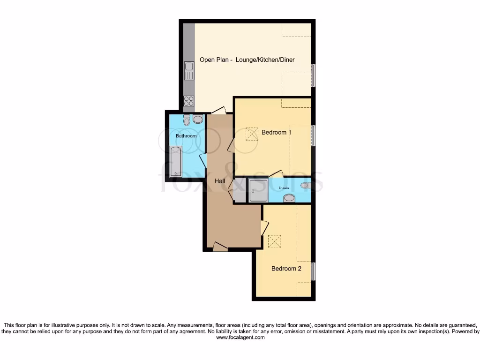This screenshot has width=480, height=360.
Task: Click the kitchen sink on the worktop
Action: pyautogui.click(x=188, y=71)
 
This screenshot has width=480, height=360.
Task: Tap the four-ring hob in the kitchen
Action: pyautogui.click(x=188, y=101)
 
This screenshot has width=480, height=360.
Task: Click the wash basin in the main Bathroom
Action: pyautogui.click(x=198, y=119)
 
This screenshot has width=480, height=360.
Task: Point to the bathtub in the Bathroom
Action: pyautogui.click(x=175, y=161)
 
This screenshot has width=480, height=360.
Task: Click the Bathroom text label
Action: pyautogui.click(x=186, y=136)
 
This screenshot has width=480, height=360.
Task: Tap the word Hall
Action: pyautogui.click(x=220, y=180)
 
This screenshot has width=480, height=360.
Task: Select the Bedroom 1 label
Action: pyautogui.click(x=276, y=132)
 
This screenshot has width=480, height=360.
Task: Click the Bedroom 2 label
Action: pyautogui.click(x=286, y=269)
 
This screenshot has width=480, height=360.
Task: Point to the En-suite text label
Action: pyautogui.click(x=284, y=188)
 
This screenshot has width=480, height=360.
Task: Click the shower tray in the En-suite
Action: pyautogui.click(x=258, y=190)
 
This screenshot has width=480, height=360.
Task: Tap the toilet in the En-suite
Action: pyautogui.click(x=306, y=185)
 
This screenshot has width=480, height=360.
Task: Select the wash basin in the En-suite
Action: pyautogui.click(x=290, y=198)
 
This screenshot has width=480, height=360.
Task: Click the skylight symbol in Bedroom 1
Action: pyautogui.click(x=252, y=135)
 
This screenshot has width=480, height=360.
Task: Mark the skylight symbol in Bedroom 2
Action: pyautogui.click(x=274, y=241)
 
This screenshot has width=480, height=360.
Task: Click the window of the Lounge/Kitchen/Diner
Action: pyautogui.click(x=313, y=75)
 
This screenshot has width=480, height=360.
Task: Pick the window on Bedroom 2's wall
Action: pyautogui.click(x=313, y=272)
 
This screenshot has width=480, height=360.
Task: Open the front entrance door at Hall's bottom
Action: pyautogui.click(x=220, y=246)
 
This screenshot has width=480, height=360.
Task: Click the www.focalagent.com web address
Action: pyautogui.click(x=240, y=337)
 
